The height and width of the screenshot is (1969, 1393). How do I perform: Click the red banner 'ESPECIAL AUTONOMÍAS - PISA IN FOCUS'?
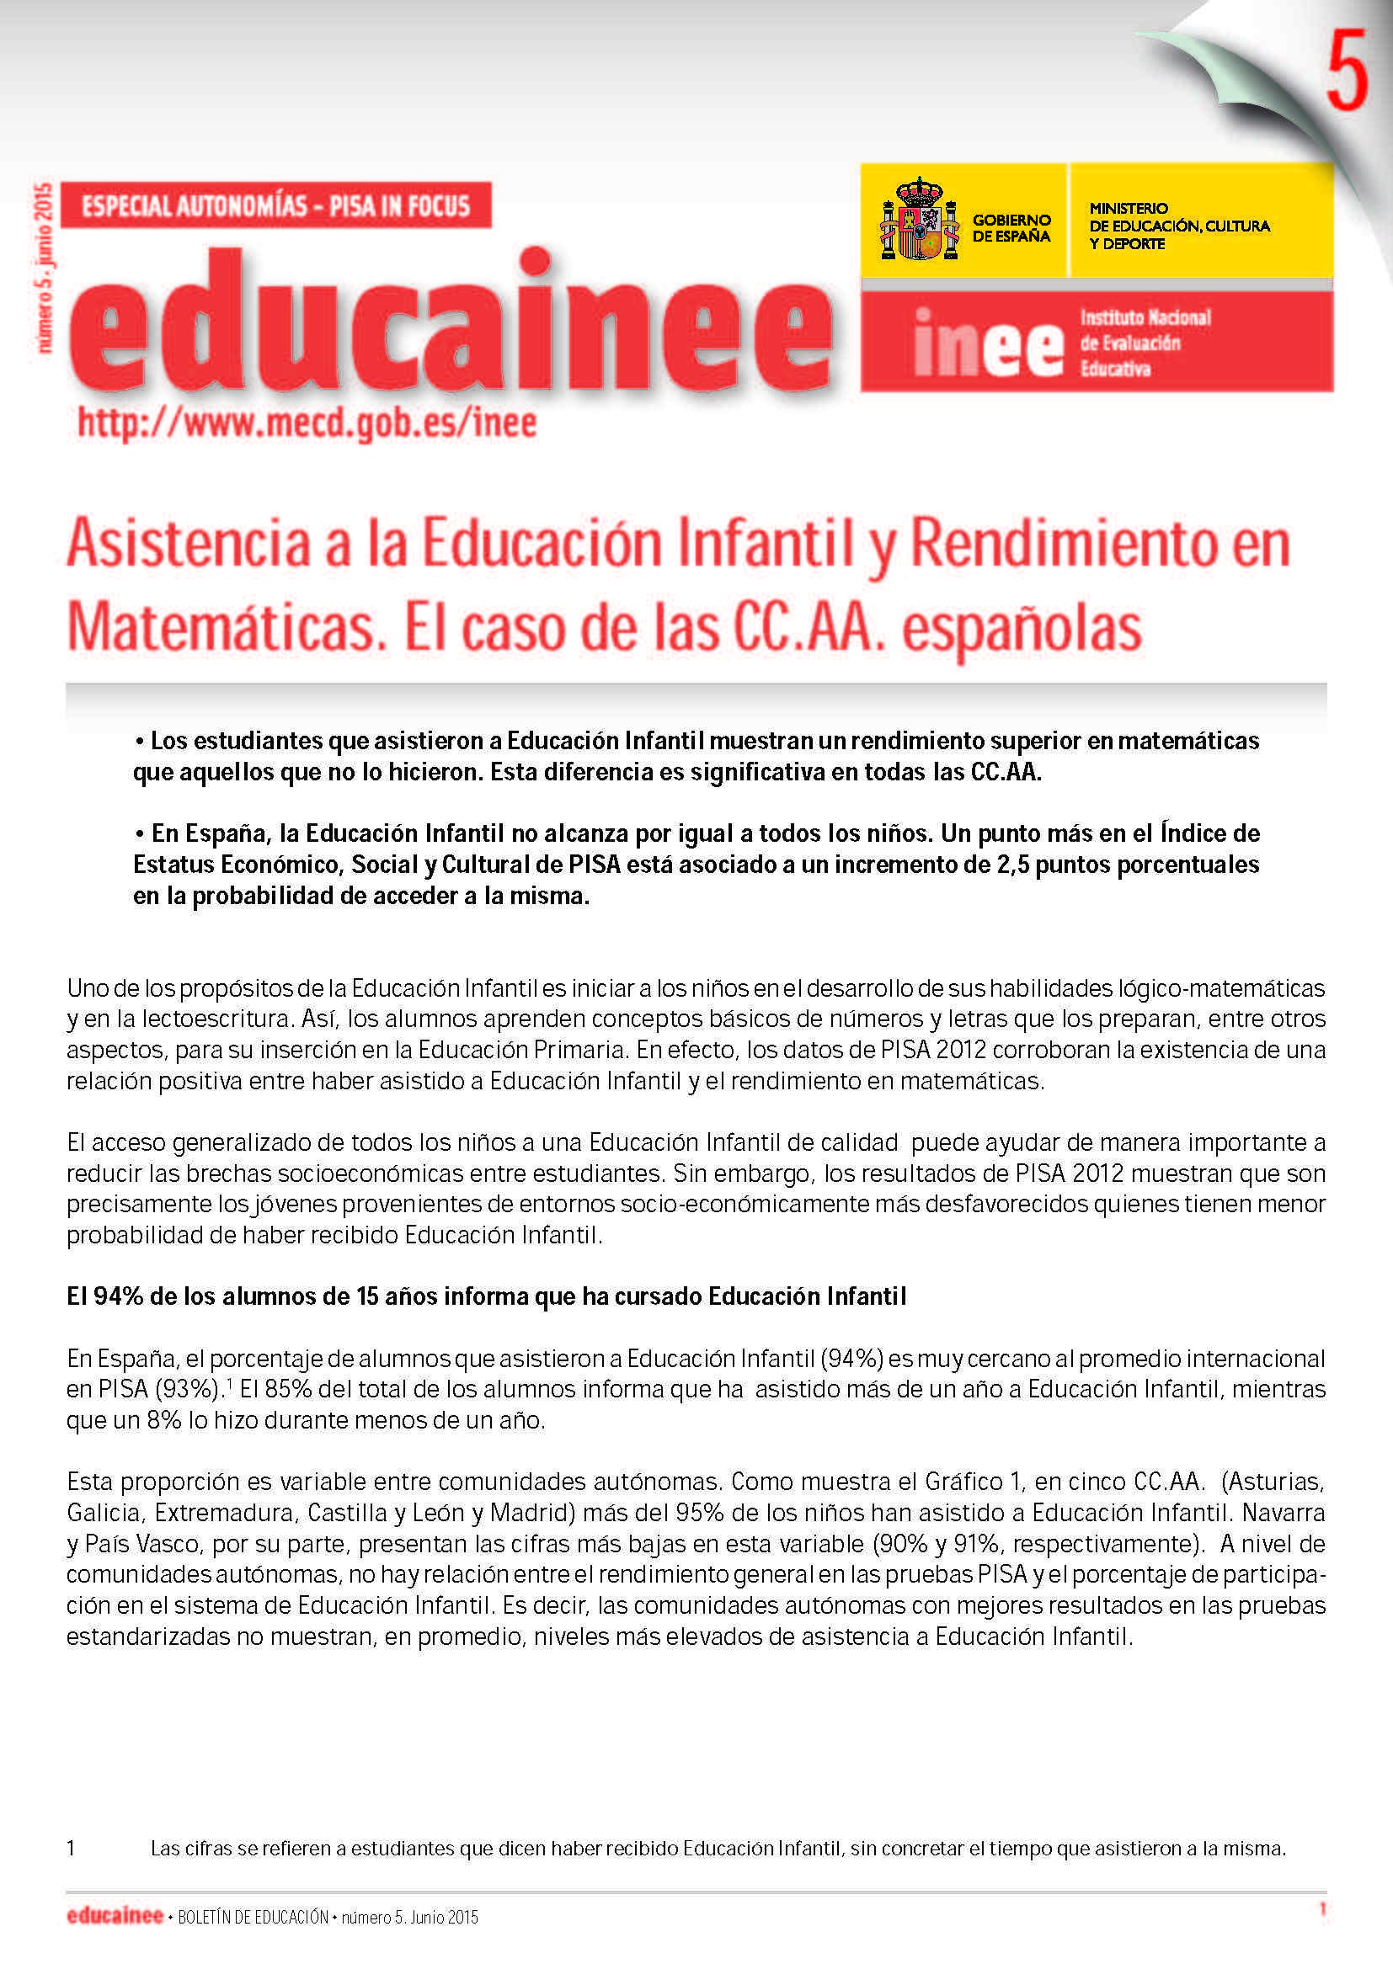pyautogui.click(x=276, y=205)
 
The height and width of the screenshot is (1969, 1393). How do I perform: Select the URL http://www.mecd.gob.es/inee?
pyautogui.click(x=307, y=423)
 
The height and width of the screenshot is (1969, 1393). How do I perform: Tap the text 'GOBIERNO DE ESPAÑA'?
pyautogui.click(x=1011, y=228)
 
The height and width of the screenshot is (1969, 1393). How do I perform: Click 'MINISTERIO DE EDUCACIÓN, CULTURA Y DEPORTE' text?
pyautogui.click(x=1178, y=226)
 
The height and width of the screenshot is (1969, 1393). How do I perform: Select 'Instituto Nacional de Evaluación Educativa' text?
pyautogui.click(x=1145, y=342)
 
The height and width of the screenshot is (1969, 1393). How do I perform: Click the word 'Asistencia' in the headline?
pyautogui.click(x=188, y=544)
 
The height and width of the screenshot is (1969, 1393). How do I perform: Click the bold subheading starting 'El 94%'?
pyautogui.click(x=485, y=1296)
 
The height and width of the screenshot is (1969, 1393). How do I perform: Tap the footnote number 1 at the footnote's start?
pyautogui.click(x=72, y=1848)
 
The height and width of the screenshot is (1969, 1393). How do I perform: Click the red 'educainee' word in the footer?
pyautogui.click(x=114, y=1916)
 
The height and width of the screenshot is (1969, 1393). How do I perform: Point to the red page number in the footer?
pyautogui.click(x=1321, y=1909)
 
